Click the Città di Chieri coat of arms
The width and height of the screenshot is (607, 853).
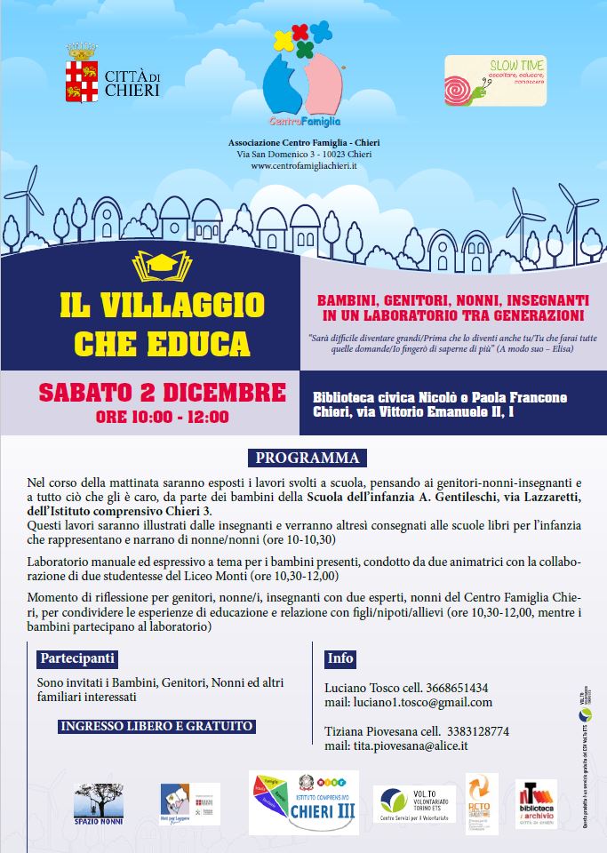[x=82, y=79]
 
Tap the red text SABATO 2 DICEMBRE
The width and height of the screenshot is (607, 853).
[x=162, y=392]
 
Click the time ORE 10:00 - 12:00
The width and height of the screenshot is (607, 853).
[x=162, y=416]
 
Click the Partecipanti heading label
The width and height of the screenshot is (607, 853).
[x=77, y=658]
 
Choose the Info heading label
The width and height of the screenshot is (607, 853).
[x=339, y=658]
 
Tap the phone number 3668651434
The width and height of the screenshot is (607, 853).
[x=444, y=688]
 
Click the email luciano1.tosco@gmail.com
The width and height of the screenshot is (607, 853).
[x=408, y=702]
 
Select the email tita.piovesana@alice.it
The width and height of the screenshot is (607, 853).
[x=396, y=746]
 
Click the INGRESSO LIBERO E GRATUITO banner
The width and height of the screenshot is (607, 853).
[x=156, y=726]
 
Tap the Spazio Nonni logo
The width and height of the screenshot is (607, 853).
[x=99, y=802]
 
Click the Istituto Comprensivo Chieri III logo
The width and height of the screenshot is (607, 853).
[x=303, y=802]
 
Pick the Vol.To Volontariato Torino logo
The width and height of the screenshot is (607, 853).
[x=413, y=802]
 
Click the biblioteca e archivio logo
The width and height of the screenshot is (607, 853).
[x=536, y=802]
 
